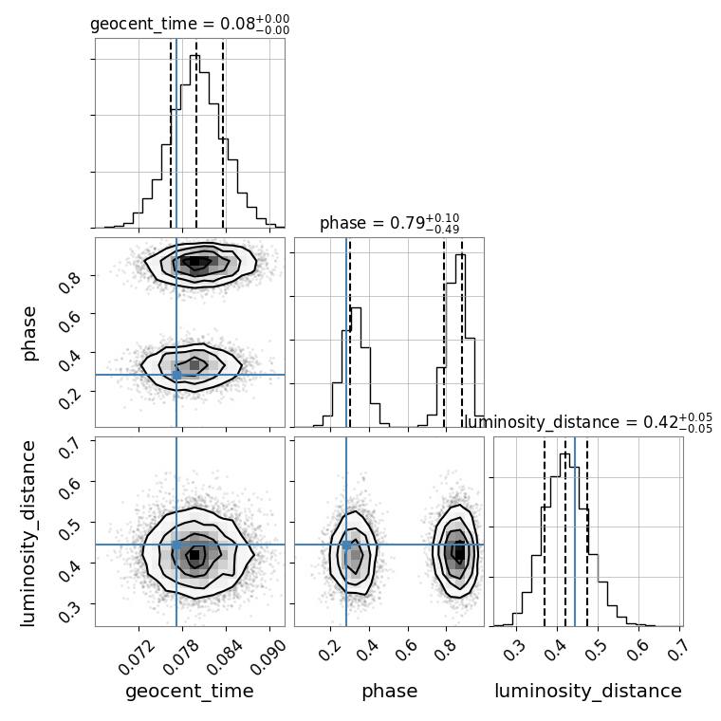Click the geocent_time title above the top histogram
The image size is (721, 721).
pos(190,24)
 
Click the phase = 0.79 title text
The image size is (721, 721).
pos(389,223)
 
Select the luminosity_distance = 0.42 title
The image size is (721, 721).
pos(588,421)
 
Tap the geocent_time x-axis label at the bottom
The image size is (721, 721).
pos(190,692)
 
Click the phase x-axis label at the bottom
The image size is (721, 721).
pos(389,692)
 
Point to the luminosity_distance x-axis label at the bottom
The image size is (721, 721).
pos(588,692)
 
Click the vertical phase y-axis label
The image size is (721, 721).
pos(29,332)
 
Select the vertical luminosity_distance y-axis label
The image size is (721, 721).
pos(29,531)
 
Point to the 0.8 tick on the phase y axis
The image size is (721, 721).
pos(69,281)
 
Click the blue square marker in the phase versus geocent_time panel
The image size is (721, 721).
pos(176,375)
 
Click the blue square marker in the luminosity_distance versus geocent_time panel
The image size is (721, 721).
pos(176,545)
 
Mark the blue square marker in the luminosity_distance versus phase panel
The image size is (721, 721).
pos(346,545)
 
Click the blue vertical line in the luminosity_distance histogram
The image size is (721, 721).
pos(575,531)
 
